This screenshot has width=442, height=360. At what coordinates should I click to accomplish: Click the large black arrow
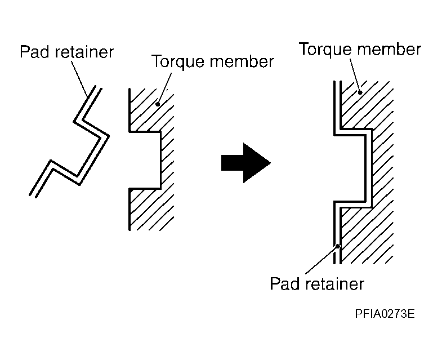click(246, 163)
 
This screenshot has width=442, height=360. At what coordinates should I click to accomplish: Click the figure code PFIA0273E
click(385, 314)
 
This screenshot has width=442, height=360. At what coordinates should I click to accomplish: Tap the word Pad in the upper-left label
click(35, 52)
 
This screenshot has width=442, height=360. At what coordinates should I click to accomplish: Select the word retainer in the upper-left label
click(84, 52)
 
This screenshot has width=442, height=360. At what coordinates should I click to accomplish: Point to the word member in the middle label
click(242, 61)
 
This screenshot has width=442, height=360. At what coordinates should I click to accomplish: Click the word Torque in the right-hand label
click(325, 50)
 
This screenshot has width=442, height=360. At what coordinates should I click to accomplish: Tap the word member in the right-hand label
click(389, 49)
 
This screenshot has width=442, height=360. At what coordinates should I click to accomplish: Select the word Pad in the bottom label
click(285, 283)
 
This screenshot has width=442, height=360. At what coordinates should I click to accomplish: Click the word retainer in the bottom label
click(334, 283)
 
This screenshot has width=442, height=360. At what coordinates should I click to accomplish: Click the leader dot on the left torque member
click(158, 104)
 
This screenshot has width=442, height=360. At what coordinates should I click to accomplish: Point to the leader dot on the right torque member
click(360, 92)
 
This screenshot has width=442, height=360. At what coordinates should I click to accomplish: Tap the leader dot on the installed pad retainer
click(337, 246)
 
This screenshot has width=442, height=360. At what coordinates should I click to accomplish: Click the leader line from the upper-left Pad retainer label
click(79, 79)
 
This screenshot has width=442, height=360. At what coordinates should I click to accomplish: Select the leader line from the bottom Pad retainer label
click(322, 260)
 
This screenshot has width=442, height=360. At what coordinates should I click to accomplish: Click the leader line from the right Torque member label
click(355, 75)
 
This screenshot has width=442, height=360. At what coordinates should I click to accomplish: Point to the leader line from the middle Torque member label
click(164, 88)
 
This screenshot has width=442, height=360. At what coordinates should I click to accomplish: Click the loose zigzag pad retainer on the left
click(69, 141)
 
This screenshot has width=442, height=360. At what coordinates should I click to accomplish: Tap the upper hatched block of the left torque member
click(151, 110)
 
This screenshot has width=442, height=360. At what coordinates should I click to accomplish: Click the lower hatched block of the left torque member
click(151, 210)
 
